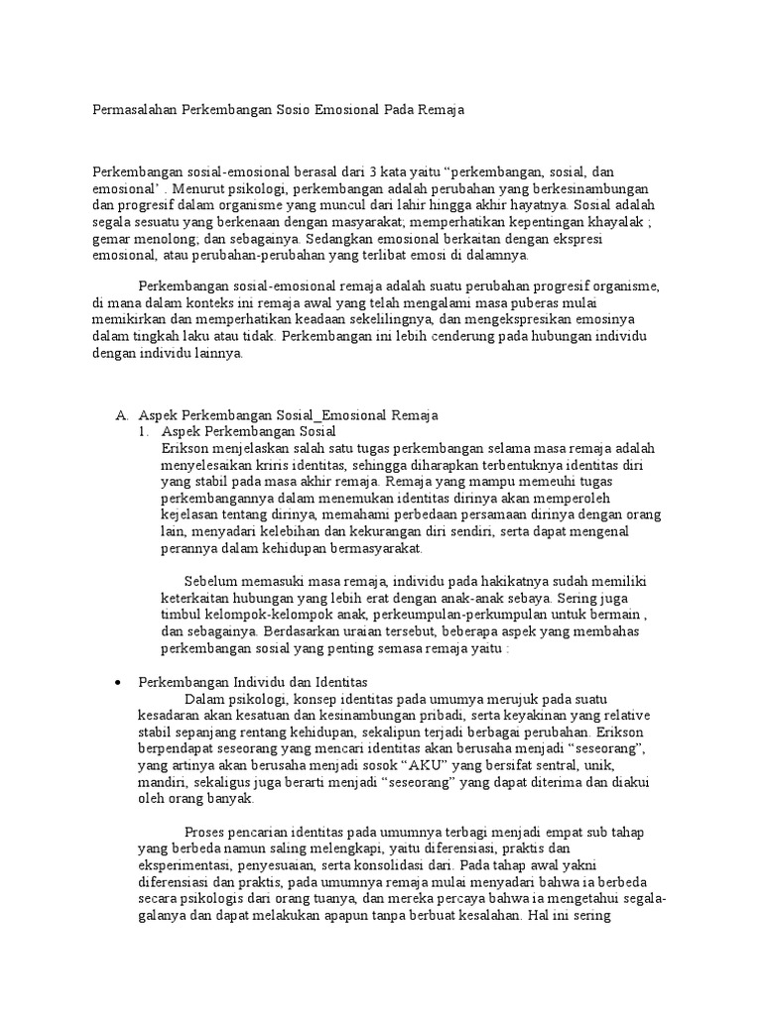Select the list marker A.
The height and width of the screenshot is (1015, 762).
tap(122, 416)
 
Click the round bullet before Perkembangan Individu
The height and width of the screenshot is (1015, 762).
tap(118, 683)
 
